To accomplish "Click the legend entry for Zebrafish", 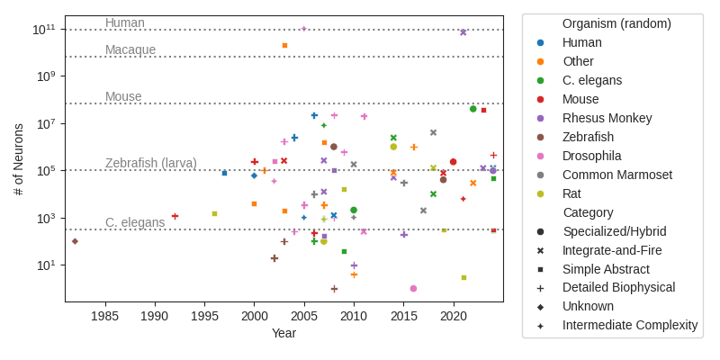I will click(588, 137).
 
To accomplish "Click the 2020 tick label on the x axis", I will click(454, 317).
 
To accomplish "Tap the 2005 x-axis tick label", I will click(304, 317).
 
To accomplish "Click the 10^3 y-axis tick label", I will click(46, 219).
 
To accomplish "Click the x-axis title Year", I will click(284, 334).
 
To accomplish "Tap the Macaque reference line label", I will click(130, 49).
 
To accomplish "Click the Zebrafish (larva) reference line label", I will click(151, 163).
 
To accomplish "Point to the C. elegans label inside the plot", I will click(135, 222).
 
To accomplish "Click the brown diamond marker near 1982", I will click(75, 241).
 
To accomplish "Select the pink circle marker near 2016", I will click(413, 289).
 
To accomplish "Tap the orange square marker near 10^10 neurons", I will click(284, 45).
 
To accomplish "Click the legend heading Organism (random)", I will click(616, 23).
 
